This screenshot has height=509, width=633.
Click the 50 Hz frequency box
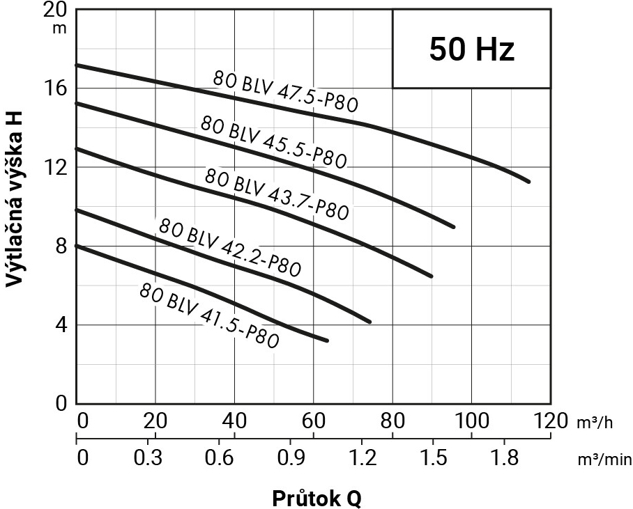471,49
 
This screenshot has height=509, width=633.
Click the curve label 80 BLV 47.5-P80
285,91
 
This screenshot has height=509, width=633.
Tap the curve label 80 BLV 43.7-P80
276,194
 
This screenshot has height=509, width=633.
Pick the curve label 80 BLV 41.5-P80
209,315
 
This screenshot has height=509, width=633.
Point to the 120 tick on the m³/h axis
550,421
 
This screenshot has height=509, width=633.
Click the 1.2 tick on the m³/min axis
363,458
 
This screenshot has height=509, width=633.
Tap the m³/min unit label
604,459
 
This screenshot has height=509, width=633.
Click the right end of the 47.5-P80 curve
528,181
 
